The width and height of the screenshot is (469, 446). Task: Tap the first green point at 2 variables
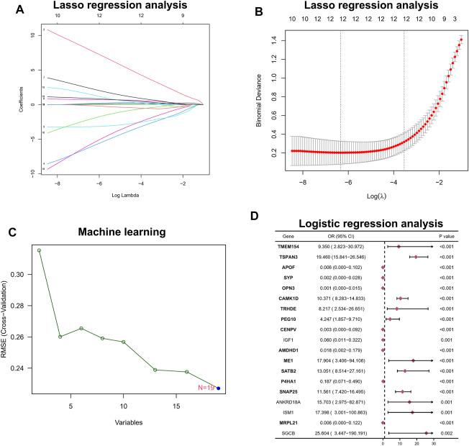click(39, 250)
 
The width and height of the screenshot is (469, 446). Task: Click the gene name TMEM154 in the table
click(292, 246)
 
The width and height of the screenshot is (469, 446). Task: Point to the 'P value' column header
click(447, 235)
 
